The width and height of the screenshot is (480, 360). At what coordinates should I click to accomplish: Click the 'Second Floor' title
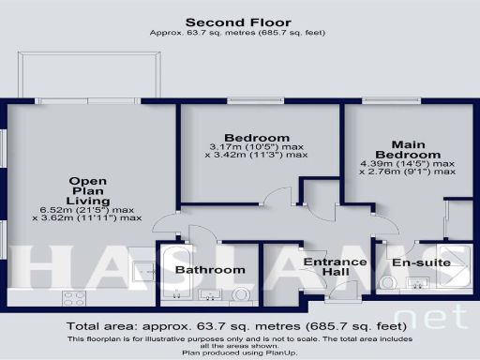click(x=237, y=22)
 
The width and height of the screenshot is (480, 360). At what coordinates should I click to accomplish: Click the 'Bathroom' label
click(x=211, y=270)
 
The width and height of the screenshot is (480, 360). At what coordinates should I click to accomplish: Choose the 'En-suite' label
click(x=421, y=262)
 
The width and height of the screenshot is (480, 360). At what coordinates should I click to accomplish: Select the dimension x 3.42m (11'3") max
click(x=258, y=155)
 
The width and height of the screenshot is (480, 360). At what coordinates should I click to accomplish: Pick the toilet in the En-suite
click(x=389, y=282)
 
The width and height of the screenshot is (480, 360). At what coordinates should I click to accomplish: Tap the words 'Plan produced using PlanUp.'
click(x=239, y=352)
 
